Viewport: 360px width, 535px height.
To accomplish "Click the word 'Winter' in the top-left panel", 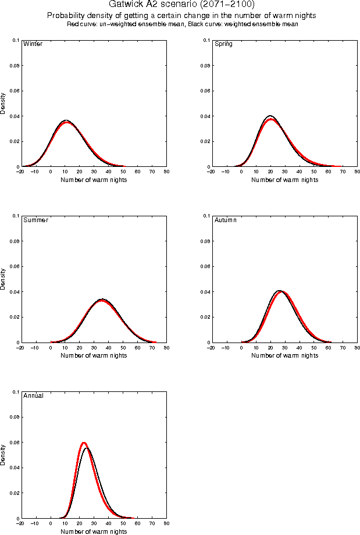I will click(x=33, y=44).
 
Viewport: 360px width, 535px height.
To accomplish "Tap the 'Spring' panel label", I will click(x=223, y=44).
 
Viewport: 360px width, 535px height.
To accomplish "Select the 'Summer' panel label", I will click(x=35, y=220).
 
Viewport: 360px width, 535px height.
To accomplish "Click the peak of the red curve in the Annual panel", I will click(x=84, y=443).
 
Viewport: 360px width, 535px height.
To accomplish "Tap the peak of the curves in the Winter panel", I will click(x=67, y=121).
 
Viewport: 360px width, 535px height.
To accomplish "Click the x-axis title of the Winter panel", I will click(x=94, y=180).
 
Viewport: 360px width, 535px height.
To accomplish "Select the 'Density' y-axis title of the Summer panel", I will click(x=3, y=279).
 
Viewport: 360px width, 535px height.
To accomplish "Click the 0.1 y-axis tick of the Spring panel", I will click(x=205, y=40).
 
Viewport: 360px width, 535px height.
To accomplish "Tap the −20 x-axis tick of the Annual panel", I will click(x=20, y=523).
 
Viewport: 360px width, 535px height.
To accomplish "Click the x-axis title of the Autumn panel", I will click(x=284, y=355).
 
